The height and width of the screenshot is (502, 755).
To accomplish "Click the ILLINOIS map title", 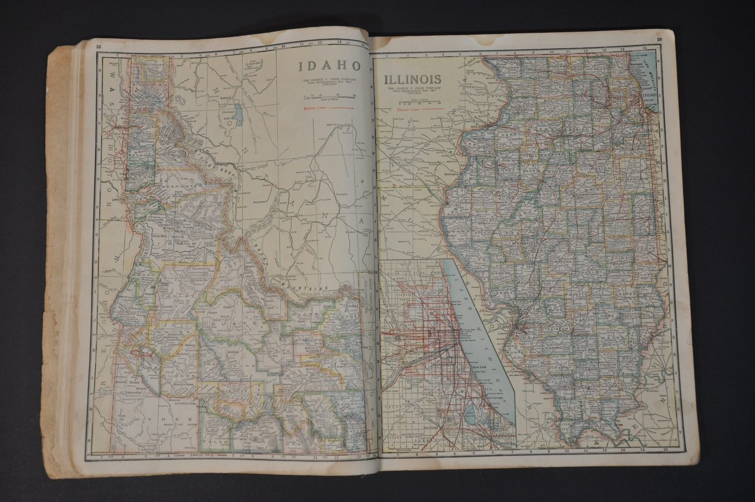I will click(x=413, y=79).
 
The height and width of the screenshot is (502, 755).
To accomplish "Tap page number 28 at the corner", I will click(x=91, y=48).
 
